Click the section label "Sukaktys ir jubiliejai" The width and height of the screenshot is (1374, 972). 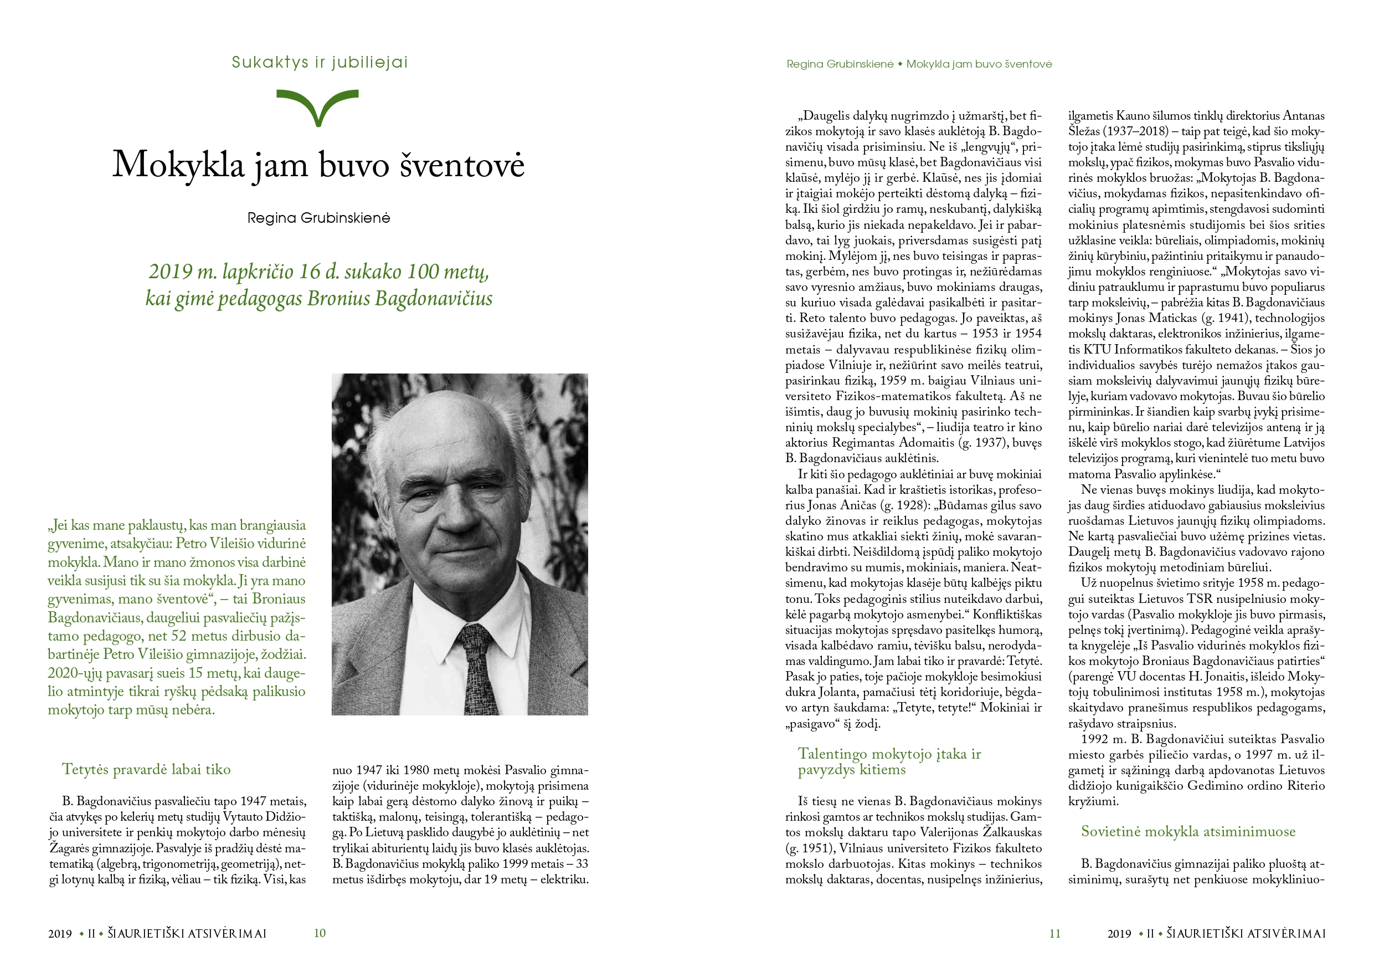(320, 62)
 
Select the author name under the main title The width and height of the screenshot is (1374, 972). (318, 218)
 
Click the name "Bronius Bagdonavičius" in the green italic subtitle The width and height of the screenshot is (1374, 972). (400, 298)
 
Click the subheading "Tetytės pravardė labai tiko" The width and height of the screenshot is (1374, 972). (146, 770)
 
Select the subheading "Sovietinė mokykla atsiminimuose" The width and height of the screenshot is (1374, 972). (1188, 831)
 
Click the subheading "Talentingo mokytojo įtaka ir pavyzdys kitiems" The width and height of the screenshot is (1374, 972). (889, 761)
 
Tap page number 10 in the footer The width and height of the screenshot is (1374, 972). (320, 933)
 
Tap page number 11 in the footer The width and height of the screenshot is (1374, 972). (1054, 933)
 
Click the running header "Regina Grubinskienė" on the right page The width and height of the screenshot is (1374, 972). (840, 64)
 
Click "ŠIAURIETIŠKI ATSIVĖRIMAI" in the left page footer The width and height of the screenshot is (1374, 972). (187, 933)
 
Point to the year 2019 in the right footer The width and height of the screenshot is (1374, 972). (1119, 933)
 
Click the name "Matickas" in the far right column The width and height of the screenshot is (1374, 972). (1172, 318)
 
